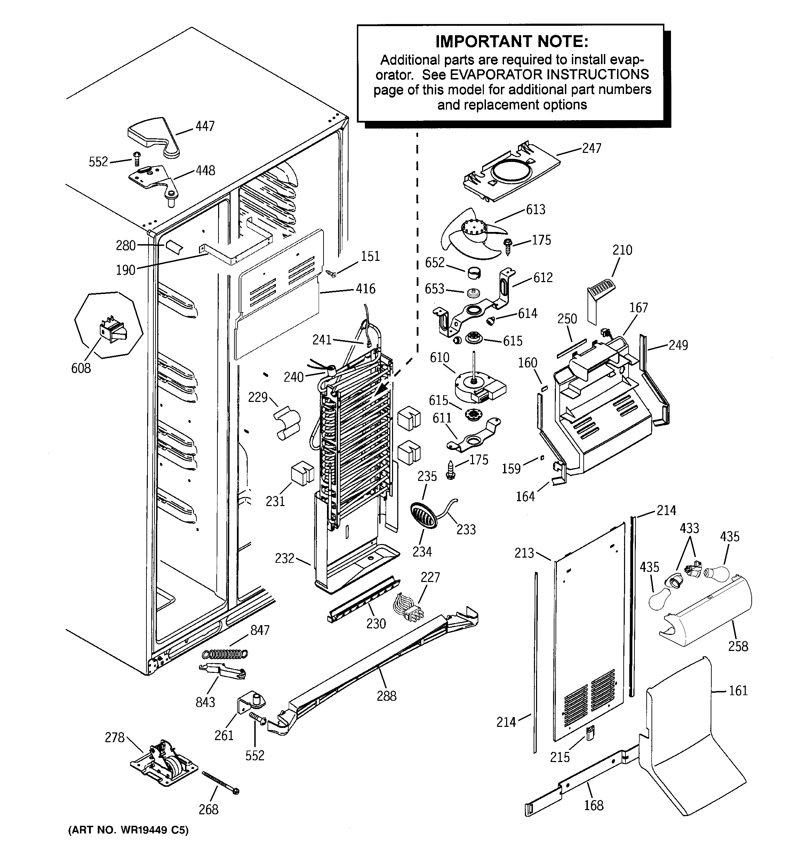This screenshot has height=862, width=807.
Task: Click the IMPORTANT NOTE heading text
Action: pyautogui.click(x=512, y=42)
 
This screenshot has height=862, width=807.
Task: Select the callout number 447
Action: pyautogui.click(x=205, y=126)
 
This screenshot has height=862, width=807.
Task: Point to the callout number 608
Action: pyautogui.click(x=81, y=368)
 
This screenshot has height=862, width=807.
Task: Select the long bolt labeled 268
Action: pyautogui.click(x=220, y=783)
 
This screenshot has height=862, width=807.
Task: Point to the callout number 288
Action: pyautogui.click(x=386, y=696)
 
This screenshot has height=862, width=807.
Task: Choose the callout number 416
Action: pyautogui.click(x=366, y=289)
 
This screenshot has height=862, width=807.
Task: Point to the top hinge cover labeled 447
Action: pyautogui.click(x=152, y=134)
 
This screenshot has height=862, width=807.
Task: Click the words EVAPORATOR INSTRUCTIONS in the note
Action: pyautogui.click(x=549, y=75)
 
